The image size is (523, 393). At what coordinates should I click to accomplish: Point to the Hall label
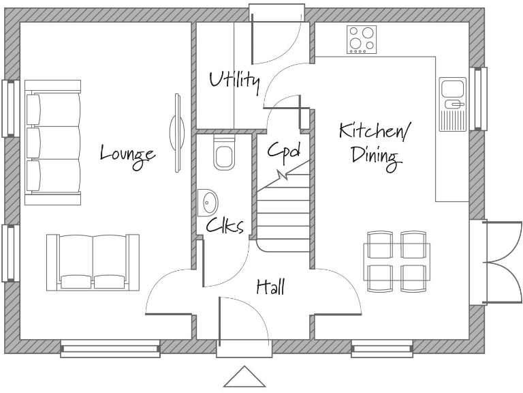pyautogui.click(x=270, y=287)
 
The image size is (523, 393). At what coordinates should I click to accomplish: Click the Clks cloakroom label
pyautogui.click(x=225, y=227)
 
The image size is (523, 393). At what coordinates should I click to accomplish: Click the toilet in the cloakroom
pyautogui.click(x=223, y=152)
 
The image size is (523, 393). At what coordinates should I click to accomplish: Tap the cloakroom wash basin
pyautogui.click(x=209, y=203)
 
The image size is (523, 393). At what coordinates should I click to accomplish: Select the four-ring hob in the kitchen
pyautogui.click(x=362, y=40)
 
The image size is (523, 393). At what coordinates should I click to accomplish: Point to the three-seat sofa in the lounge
pyautogui.click(x=53, y=142)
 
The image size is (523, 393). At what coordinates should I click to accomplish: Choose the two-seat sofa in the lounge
pyautogui.click(x=93, y=261)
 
